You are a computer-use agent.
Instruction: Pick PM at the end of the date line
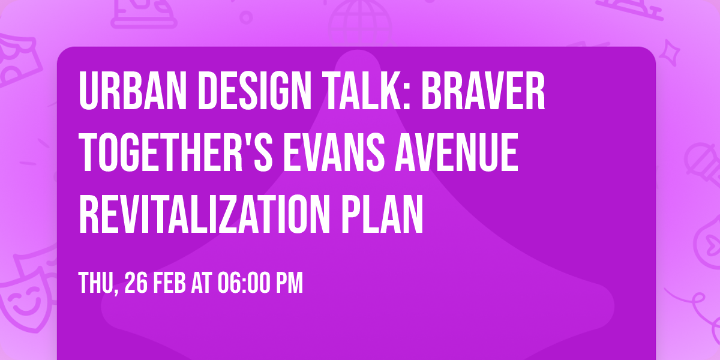tap(290, 283)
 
